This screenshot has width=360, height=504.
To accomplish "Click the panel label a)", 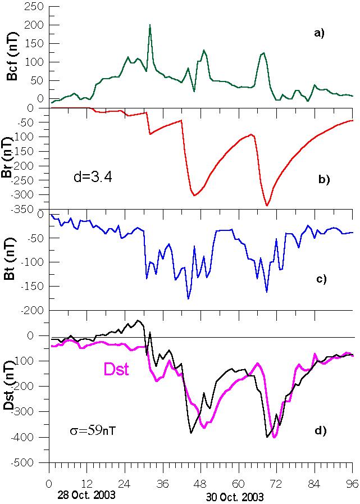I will coord(320,34).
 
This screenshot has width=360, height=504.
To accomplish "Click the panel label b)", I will coord(324,180).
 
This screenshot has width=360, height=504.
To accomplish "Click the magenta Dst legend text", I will coord(117,370).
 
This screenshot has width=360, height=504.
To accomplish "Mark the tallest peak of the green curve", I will coord(150,25).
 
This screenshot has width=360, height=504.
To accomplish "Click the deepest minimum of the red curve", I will coord(267,206).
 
